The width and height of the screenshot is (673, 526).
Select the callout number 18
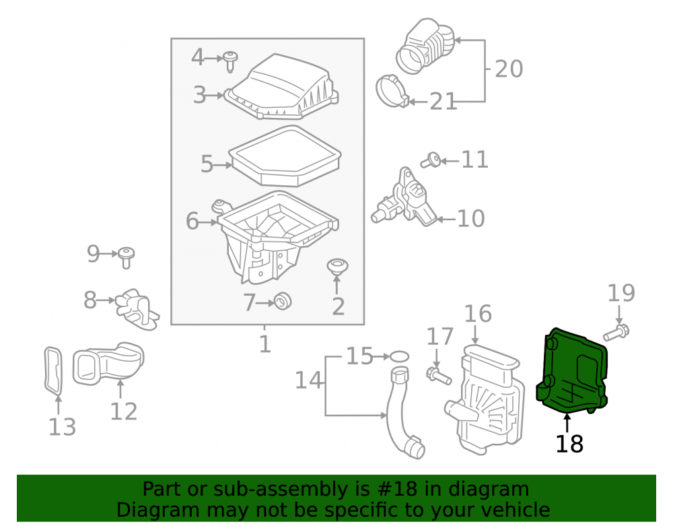pos(569,444)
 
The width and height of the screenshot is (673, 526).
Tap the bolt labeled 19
pos(616,333)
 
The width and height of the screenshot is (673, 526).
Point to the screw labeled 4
pos(230,61)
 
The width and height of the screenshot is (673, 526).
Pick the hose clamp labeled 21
pos(392,92)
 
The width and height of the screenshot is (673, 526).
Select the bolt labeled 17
pos(439,376)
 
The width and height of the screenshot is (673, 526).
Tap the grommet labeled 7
pos(283,300)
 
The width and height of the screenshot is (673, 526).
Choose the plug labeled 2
pos(337,267)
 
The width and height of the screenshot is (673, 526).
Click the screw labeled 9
pos(127,258)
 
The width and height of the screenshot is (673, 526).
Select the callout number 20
pos(509,69)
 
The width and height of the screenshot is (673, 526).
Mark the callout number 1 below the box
pos(264,344)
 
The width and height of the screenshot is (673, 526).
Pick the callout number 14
pos(308,380)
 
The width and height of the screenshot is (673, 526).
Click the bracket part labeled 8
pos(137,309)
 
